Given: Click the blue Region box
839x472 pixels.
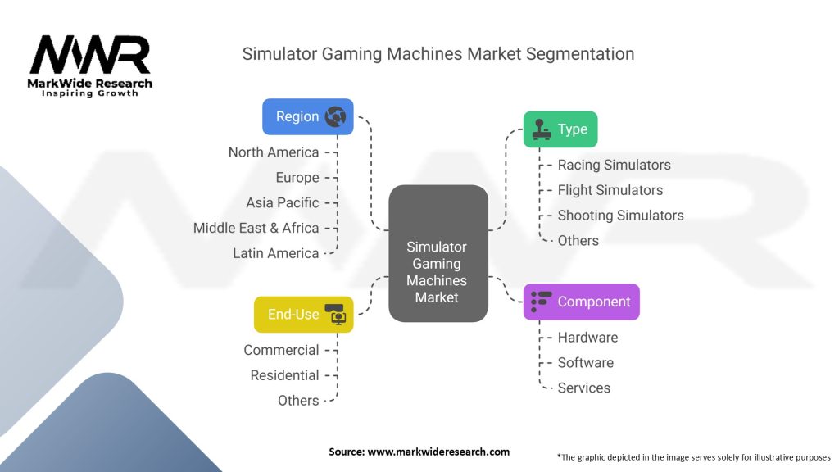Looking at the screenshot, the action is pos(308,116).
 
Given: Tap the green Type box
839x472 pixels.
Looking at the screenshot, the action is pos(560,129).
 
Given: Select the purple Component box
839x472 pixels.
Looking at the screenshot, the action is pos(581,302).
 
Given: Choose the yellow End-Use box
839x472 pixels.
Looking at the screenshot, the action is pos(303,315).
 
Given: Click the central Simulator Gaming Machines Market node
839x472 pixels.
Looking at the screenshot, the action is pos(438,254).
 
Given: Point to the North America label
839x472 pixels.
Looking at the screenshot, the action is pos(274,152).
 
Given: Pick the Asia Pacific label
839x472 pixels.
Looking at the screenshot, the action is pos(283,203).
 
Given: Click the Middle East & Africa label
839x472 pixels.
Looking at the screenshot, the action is pos(256,228).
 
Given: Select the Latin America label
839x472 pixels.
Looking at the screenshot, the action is pos(275,253).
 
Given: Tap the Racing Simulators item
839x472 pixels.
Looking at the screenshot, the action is pos(614,165).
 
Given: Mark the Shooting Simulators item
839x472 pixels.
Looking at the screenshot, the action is pos(621,216).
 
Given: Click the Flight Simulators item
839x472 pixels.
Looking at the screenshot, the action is pos(610,190).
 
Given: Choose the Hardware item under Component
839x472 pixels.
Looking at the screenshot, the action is pos(587,337).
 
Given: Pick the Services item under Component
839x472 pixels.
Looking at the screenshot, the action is pos(583,388).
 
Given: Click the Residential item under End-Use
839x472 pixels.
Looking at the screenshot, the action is pos(284,375).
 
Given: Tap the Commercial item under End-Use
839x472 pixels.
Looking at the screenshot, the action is pos(281,350).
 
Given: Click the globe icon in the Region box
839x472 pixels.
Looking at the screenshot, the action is pos(335,116).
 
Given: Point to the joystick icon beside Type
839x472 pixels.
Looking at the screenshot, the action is pos(541,129).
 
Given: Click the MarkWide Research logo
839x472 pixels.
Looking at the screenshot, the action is pos(90,66).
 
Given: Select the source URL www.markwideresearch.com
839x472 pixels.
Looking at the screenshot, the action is pos(438,452).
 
